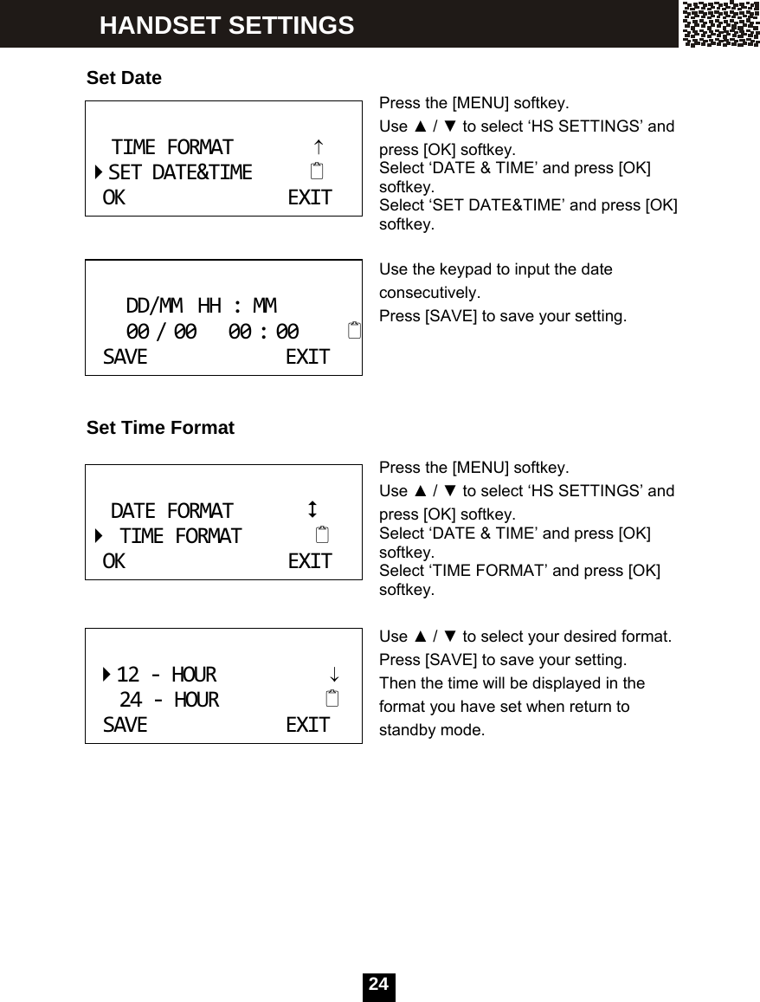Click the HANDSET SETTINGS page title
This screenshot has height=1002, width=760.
click(x=227, y=26)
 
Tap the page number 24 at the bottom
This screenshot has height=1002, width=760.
click(x=378, y=985)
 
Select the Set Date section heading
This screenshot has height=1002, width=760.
click(x=124, y=78)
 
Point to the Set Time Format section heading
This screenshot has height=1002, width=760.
click(x=160, y=428)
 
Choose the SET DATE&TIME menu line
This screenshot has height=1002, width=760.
click(x=180, y=172)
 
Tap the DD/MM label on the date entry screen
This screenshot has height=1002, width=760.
click(x=154, y=306)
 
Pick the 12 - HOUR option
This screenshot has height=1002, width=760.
click(x=166, y=674)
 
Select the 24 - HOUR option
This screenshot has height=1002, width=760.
click(x=169, y=699)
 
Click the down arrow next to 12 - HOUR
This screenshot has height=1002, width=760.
click(x=332, y=674)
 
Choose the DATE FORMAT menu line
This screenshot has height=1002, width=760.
click(x=171, y=511)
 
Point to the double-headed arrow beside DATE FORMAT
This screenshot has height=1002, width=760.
click(x=312, y=508)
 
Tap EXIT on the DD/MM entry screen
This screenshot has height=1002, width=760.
click(x=307, y=357)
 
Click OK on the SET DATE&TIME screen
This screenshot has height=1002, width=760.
click(x=113, y=197)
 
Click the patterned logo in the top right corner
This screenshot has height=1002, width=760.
click(x=719, y=24)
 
